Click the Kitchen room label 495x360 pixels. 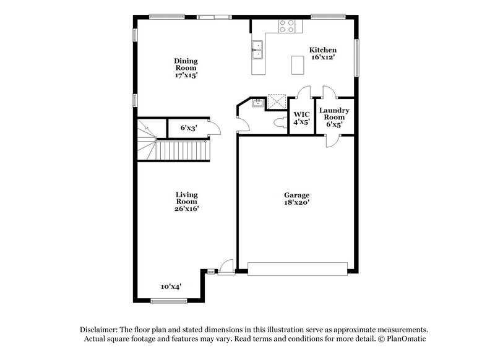click(323, 54)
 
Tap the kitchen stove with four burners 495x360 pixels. click(287, 25)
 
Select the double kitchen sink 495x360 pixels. click(257, 49)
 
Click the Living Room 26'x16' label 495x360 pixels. click(186, 202)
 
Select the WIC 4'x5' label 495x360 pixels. click(301, 118)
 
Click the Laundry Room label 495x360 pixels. click(334, 117)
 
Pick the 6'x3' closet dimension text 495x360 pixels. click(189, 127)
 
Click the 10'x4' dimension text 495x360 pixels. click(170, 286)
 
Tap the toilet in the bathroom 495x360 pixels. click(280, 121)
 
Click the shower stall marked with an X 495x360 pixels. click(275, 101)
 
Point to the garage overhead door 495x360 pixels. click(298, 268)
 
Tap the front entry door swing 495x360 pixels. click(226, 265)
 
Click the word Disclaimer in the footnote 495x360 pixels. click(98, 330)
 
